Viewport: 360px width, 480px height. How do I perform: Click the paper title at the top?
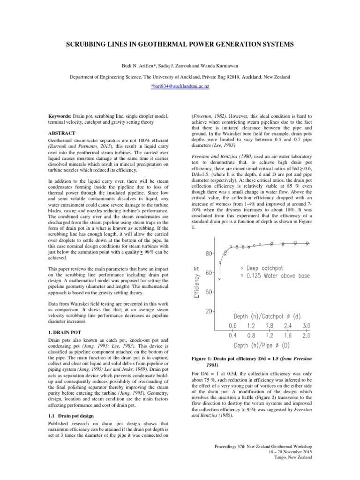coord(180,45)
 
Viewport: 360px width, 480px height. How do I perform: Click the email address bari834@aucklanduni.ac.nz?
coord(180,87)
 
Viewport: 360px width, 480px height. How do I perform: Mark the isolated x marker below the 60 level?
coord(219,279)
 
